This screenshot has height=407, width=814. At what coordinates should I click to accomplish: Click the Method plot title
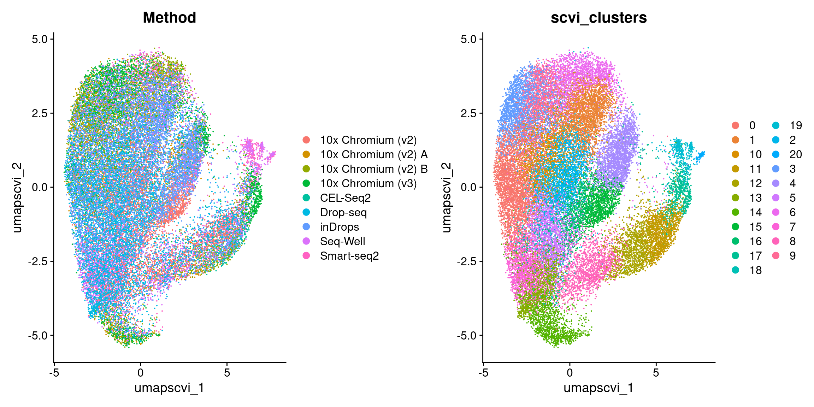169,18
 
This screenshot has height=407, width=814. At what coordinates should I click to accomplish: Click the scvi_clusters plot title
598,18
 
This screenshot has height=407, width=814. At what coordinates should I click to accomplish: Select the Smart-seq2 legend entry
349,256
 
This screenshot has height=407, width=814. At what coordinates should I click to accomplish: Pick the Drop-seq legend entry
343,212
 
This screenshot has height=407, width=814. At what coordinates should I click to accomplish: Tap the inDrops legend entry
339,227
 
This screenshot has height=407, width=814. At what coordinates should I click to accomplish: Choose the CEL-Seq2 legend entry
345,198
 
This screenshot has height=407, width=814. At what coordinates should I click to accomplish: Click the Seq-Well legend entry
342,241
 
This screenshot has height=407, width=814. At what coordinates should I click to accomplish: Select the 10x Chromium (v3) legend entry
368,183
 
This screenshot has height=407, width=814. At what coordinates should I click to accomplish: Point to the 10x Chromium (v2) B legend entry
374,169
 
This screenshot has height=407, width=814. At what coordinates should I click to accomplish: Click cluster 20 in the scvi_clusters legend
795,154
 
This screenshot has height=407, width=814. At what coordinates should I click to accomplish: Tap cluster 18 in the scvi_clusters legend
755,270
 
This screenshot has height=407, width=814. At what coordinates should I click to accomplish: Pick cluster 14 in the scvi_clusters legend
755,212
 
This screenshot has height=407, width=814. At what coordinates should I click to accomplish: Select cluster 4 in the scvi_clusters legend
792,183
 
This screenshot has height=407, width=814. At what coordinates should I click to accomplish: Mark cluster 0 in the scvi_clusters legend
752,125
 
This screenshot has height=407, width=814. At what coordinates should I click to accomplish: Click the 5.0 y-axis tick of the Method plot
40,39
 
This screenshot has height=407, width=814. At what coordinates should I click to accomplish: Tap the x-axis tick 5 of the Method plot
227,372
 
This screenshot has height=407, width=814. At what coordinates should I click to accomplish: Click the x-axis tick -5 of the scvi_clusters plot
483,372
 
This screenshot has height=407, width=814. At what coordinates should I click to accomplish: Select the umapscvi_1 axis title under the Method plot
169,388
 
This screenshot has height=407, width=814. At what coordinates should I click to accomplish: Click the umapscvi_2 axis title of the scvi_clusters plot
447,197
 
